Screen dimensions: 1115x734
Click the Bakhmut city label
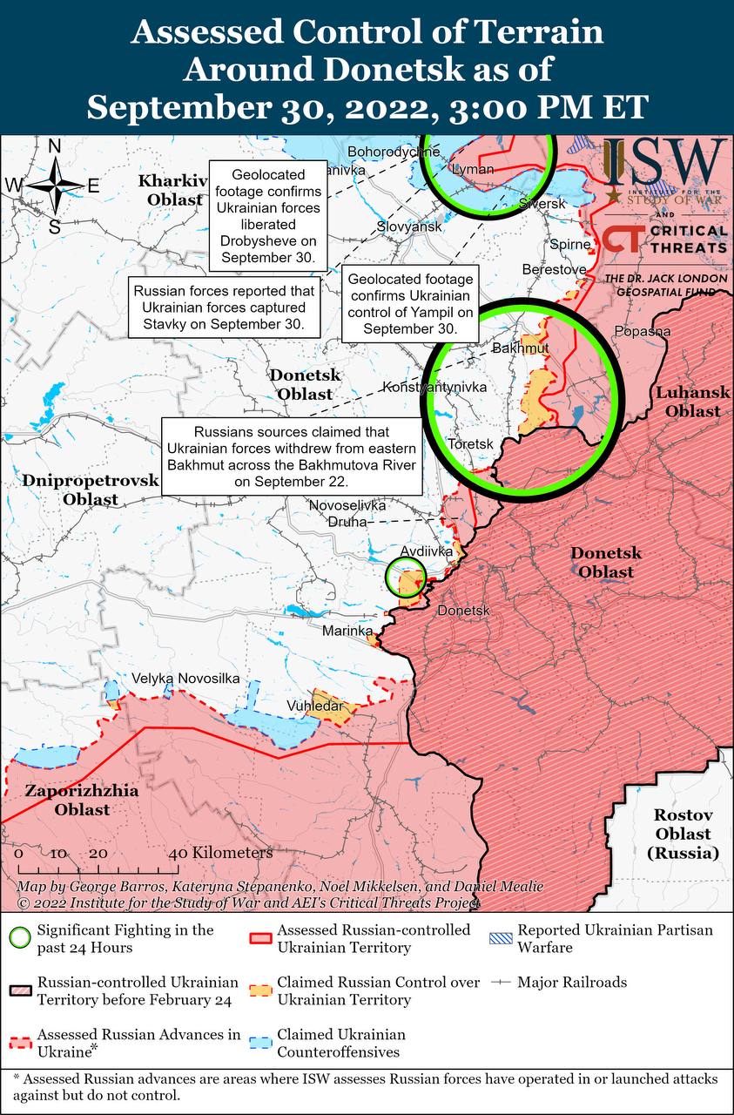point(521,348)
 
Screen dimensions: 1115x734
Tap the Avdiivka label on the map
point(427,552)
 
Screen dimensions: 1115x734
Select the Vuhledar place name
point(315,706)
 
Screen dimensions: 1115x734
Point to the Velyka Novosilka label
point(185,679)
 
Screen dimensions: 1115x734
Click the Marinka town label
point(347,631)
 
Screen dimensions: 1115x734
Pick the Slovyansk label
point(409,226)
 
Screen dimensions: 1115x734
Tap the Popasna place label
point(642,331)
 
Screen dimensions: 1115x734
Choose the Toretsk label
point(470,444)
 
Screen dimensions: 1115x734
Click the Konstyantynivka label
point(434,386)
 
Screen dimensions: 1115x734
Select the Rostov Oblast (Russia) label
point(683,834)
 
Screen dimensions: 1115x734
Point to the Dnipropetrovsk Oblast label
point(91,490)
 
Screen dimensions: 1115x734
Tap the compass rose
point(54,185)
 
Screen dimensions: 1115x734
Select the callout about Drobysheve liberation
point(267,216)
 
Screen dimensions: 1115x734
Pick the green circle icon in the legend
point(20,938)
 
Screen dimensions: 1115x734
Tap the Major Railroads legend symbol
point(500,982)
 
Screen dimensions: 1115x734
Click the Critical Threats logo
point(665,240)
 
